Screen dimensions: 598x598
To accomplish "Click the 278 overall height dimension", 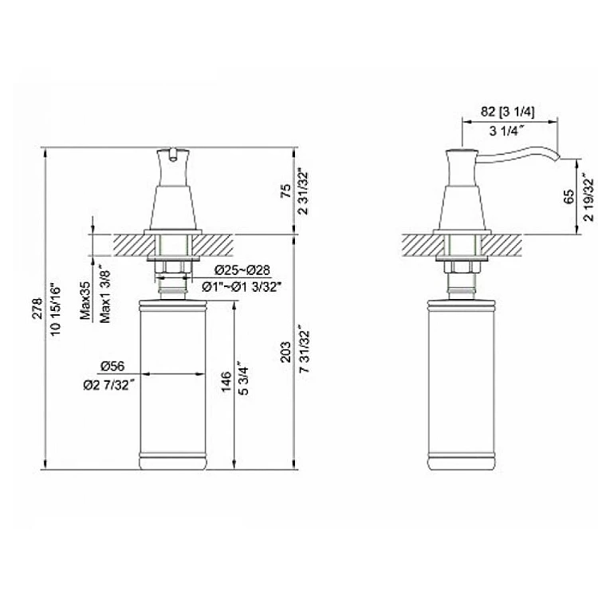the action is click(x=37, y=309).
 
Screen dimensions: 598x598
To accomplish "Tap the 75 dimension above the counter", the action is click(x=285, y=191).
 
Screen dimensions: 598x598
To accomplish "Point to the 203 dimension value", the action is click(x=285, y=352).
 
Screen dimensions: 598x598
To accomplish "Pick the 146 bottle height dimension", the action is click(x=226, y=381).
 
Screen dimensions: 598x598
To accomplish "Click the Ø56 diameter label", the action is click(x=113, y=366).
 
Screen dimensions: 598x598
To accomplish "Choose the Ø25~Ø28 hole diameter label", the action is click(x=242, y=270).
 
